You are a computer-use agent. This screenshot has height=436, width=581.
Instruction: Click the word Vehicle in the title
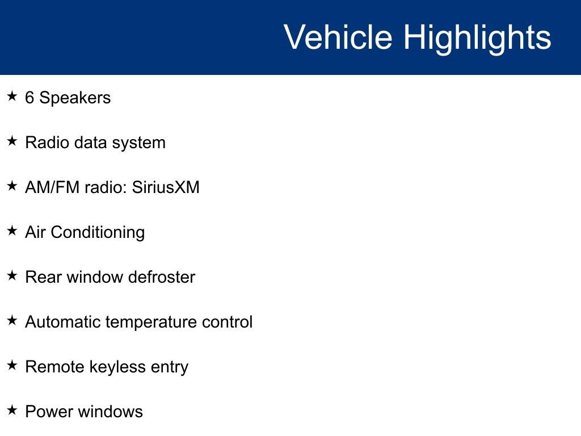(338, 37)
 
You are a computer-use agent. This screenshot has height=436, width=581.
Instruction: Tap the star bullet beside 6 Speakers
(12, 97)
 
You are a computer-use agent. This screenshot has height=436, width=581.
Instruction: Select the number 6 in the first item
(30, 98)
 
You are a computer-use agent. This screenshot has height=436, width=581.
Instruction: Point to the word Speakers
(75, 98)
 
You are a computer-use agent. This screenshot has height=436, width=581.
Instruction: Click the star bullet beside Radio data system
(12, 141)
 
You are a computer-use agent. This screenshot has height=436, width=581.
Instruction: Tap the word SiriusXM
(166, 187)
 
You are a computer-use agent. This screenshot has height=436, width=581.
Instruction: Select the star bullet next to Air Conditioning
(12, 230)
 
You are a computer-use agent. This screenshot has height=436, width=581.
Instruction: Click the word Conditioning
(98, 233)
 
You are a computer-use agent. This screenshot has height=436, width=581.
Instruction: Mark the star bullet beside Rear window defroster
(12, 275)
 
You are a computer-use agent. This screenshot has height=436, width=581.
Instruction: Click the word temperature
(151, 322)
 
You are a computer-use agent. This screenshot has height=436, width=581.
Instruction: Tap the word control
(227, 322)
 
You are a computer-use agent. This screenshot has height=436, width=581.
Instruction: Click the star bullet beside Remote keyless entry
(12, 365)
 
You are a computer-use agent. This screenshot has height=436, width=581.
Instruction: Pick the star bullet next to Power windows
(12, 410)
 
